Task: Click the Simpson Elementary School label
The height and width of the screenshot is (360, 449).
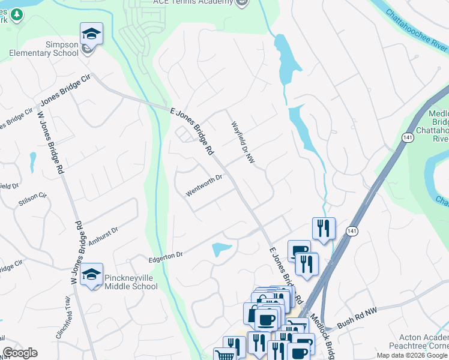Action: [44, 49]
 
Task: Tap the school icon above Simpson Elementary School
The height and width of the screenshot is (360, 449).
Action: [91, 34]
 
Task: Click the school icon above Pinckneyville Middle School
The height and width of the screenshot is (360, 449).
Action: [91, 274]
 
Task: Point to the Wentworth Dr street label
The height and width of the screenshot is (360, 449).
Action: [204, 185]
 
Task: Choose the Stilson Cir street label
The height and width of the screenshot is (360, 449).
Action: [32, 199]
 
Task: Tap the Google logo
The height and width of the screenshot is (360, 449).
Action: [20, 353]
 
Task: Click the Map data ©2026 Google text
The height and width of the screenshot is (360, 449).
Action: [412, 355]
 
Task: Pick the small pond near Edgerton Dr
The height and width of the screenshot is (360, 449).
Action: [221, 249]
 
